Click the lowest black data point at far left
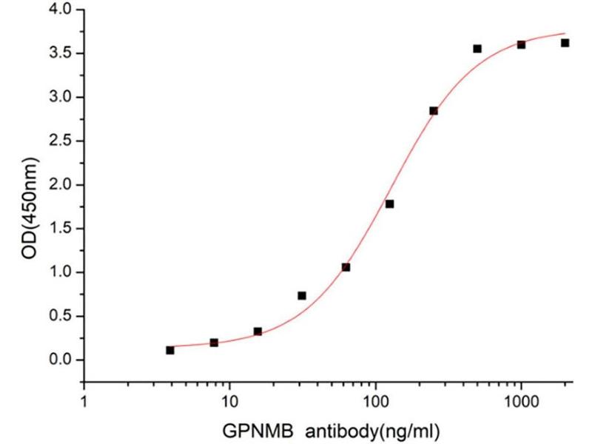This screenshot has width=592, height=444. (170, 350)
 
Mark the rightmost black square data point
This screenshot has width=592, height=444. (565, 43)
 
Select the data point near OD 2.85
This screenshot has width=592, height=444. (433, 111)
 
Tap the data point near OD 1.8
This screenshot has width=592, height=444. (389, 204)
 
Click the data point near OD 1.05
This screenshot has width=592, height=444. (346, 267)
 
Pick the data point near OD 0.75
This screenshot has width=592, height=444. (302, 296)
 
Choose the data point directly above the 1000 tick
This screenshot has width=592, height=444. (521, 44)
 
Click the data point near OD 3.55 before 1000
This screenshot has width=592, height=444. (477, 49)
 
